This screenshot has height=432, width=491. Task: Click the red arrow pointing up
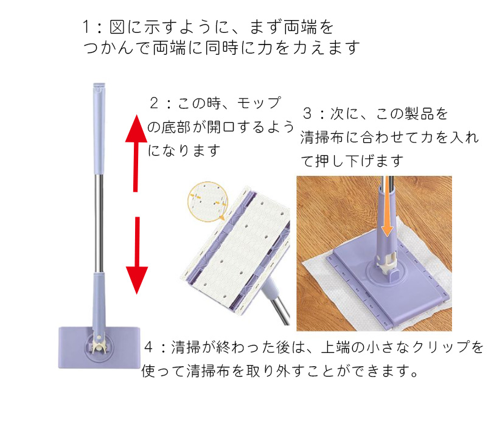coord(136,153)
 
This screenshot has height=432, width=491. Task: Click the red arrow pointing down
coord(137,256)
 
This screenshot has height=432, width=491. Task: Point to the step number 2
coord(154,103)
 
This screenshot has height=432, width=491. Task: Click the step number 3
coord(307,113)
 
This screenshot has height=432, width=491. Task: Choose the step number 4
coord(148,347)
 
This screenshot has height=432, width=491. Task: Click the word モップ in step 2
coord(259,103)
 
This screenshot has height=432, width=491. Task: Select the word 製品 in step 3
coord(419,113)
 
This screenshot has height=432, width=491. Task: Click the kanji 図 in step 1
coord(117,27)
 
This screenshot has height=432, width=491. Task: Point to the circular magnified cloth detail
coord(207,201)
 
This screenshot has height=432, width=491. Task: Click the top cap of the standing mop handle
coord(99,88)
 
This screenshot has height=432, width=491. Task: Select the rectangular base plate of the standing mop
coord(99,347)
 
